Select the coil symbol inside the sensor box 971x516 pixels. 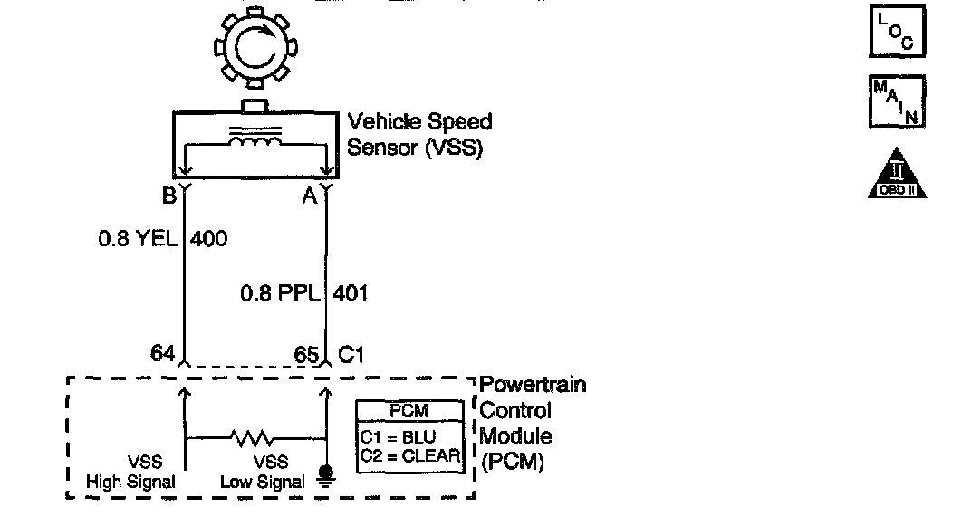pyautogui.click(x=255, y=143)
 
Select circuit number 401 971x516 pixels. pyautogui.click(x=351, y=293)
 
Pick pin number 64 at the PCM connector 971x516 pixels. pyautogui.click(x=163, y=354)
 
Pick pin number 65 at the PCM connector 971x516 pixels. pyautogui.click(x=305, y=354)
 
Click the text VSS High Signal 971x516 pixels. pyautogui.click(x=131, y=473)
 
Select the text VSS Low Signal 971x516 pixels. pyautogui.click(x=263, y=473)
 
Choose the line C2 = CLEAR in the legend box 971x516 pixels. pyautogui.click(x=409, y=454)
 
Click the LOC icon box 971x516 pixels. pyautogui.click(x=896, y=32)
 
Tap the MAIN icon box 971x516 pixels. pyautogui.click(x=896, y=102)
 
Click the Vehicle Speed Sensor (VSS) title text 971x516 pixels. pyautogui.click(x=419, y=134)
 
